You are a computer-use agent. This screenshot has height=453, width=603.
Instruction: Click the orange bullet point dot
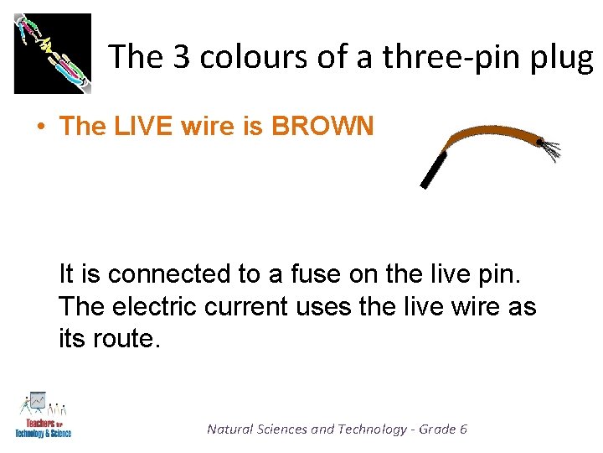click(x=39, y=127)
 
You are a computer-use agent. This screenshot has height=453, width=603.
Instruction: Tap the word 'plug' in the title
click(x=565, y=59)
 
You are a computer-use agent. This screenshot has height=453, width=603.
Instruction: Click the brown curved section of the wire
click(x=494, y=133)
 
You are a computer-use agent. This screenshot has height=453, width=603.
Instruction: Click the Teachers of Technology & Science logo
click(x=44, y=414)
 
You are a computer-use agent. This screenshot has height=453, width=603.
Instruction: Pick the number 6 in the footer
click(x=463, y=430)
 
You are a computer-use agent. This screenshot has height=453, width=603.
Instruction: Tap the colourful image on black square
click(x=52, y=53)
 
